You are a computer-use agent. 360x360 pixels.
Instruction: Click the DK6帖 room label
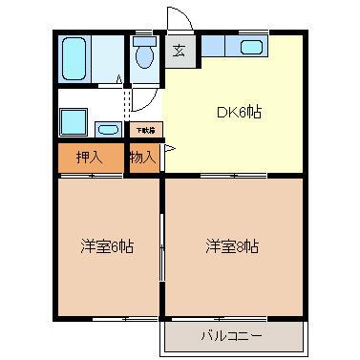[238, 113]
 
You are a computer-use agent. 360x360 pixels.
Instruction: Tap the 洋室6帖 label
[106, 247]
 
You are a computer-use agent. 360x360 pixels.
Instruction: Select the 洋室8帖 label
[232, 247]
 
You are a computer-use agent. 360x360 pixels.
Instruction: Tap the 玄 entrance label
[179, 51]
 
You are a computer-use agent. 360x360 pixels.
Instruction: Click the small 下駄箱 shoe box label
[144, 129]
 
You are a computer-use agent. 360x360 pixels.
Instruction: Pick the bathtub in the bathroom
[74, 58]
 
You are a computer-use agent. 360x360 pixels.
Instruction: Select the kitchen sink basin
[252, 47]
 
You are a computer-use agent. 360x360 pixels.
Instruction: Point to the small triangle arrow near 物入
[169, 150]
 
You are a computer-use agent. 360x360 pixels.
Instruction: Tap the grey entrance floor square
[179, 52]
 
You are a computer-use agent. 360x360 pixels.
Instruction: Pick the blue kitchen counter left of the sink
[212, 44]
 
